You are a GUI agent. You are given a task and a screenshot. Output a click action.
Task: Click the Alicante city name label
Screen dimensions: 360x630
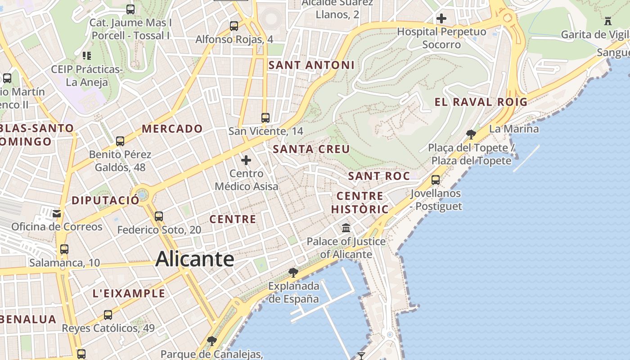[194, 259]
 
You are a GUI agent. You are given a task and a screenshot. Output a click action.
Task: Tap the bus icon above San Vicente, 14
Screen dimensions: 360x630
[265, 118]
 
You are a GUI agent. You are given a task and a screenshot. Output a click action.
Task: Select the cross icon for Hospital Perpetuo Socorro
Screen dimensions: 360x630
[441, 18]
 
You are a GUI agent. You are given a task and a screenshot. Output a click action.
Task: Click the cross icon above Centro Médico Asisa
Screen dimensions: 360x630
[246, 160]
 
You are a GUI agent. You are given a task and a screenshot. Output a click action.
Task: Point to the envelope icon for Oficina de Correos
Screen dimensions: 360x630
[57, 213]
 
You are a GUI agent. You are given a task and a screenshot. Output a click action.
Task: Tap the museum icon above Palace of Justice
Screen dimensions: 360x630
[346, 228]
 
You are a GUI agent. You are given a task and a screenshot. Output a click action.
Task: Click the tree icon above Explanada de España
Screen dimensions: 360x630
[293, 272]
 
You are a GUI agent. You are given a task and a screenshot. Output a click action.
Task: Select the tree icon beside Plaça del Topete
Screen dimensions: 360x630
[471, 134]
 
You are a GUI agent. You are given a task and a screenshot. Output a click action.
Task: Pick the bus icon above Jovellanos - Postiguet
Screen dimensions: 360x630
[436, 180]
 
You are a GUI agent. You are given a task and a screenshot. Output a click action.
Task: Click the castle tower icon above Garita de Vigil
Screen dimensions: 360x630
[608, 21]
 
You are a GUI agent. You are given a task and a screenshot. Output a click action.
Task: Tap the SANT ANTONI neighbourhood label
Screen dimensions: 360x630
[311, 65]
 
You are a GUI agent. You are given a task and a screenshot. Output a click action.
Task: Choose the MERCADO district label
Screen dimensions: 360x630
[172, 129]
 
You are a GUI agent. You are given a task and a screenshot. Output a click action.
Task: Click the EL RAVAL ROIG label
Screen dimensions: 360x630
[481, 102]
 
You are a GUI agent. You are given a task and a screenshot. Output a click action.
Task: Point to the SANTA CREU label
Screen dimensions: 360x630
[311, 149]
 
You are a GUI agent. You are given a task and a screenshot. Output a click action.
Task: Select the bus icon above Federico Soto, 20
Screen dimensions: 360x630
[159, 216]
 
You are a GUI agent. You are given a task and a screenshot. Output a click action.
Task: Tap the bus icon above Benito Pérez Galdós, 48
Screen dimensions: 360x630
[120, 141]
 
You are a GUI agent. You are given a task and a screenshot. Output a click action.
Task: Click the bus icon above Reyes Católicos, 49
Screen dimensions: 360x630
[108, 315]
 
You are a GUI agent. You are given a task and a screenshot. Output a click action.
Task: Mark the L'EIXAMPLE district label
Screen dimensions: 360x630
[129, 294]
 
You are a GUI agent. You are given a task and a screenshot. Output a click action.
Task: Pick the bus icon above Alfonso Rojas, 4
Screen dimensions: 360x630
[234, 26]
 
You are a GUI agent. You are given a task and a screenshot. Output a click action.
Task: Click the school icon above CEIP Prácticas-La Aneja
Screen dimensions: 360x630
[87, 56]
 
